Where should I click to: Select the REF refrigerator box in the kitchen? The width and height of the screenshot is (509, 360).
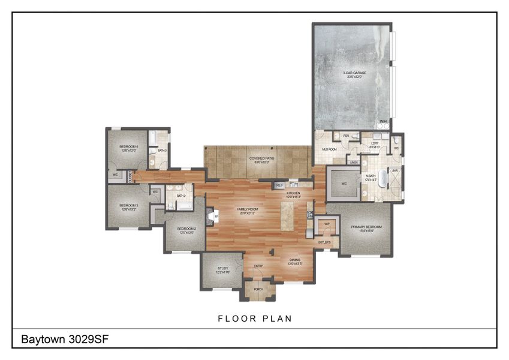click(x=279, y=186)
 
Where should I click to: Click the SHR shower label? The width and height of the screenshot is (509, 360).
click(x=395, y=171)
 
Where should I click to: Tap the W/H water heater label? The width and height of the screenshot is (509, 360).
click(x=383, y=122)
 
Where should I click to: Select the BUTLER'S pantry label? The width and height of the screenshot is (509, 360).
click(x=325, y=242)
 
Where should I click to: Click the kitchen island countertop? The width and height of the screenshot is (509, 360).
click(x=287, y=215)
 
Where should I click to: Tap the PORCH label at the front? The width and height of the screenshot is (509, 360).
click(x=258, y=289)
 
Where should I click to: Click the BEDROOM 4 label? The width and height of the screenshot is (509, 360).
click(x=128, y=148)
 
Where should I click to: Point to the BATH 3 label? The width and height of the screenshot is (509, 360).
click(x=162, y=151)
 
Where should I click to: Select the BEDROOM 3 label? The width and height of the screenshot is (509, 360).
click(x=129, y=207)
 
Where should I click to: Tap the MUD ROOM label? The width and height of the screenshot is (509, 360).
click(x=328, y=149)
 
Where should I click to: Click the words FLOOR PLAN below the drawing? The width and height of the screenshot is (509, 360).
click(x=255, y=319)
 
